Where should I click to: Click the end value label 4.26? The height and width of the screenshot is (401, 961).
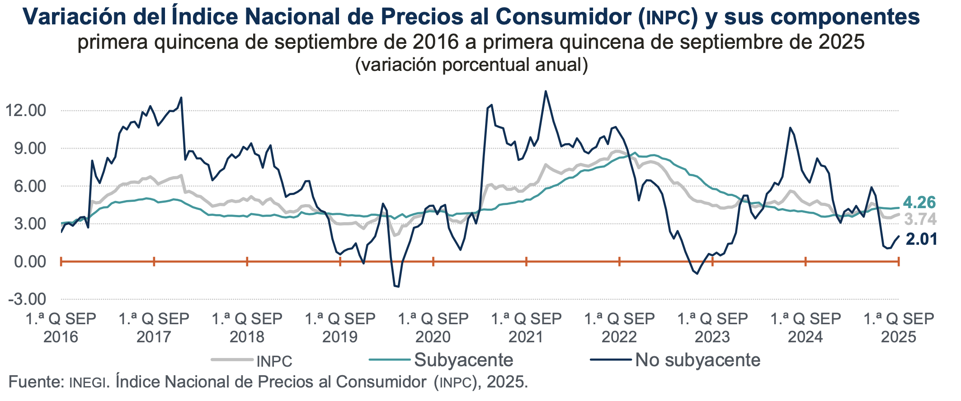pos(919,203)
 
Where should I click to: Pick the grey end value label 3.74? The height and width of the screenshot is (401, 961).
pos(920,220)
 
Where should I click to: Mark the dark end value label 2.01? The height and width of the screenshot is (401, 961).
pos(921,239)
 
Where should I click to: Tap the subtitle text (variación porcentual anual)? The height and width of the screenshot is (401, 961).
pos(471,65)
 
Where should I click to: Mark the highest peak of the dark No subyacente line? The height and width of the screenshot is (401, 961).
pos(546,91)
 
